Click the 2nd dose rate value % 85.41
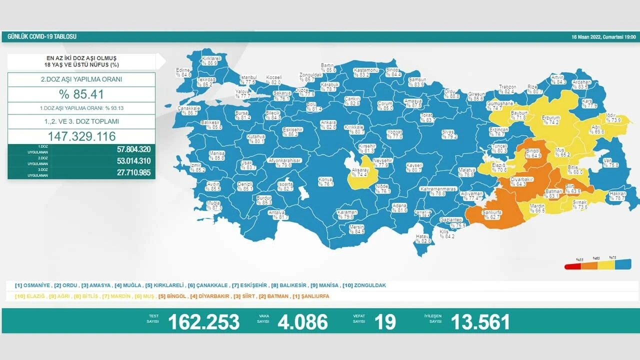point(81,94)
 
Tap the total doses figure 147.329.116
point(81,136)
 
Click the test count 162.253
point(203,322)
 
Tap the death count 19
point(385,322)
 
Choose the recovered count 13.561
point(480,322)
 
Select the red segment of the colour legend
point(572,266)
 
